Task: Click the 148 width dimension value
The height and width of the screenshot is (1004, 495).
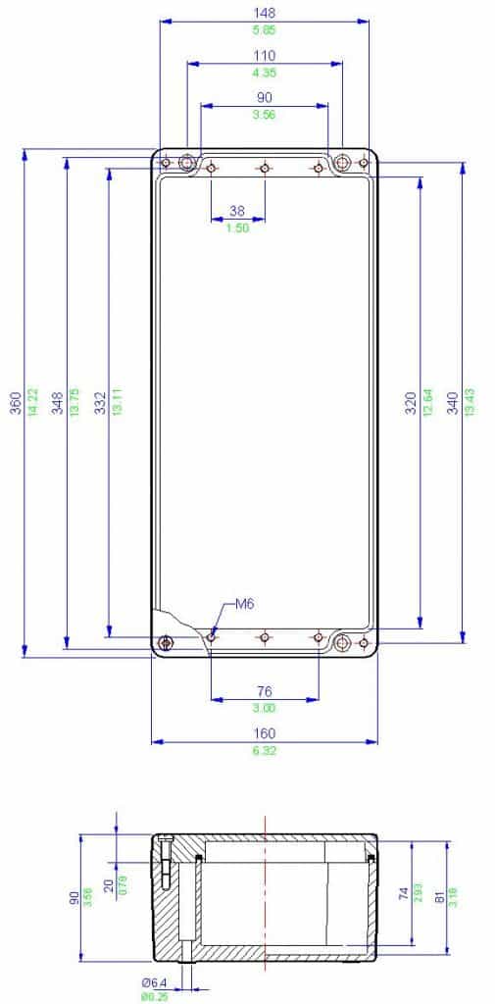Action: pyautogui.click(x=264, y=13)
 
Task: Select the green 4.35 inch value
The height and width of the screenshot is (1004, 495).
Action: pyautogui.click(x=264, y=73)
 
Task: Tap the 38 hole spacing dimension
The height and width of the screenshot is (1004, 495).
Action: pyautogui.click(x=237, y=211)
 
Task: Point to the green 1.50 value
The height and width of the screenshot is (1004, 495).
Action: pyautogui.click(x=237, y=227)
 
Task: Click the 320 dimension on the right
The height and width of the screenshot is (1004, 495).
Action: pyautogui.click(x=411, y=402)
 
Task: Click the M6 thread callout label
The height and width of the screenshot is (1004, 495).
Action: pyautogui.click(x=244, y=605)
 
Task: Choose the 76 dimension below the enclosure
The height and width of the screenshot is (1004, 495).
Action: pyautogui.click(x=265, y=691)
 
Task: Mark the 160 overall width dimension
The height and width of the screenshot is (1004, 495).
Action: pyautogui.click(x=264, y=733)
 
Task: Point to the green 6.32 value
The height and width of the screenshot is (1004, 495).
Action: pyautogui.click(x=264, y=751)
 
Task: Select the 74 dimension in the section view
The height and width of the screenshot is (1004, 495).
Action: pyautogui.click(x=402, y=893)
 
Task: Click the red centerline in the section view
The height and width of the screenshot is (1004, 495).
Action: pyautogui.click(x=265, y=892)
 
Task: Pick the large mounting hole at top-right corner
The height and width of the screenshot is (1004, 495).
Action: pyautogui.click(x=341, y=163)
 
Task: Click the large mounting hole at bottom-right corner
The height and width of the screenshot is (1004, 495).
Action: pyautogui.click(x=342, y=643)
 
